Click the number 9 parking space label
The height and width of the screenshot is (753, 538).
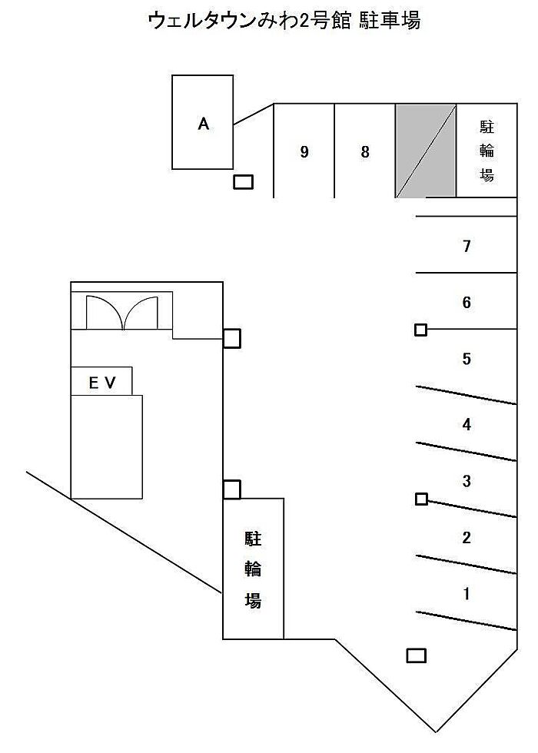(x=304, y=152)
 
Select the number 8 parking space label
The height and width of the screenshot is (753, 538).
(x=365, y=152)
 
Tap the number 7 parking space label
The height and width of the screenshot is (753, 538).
(x=467, y=247)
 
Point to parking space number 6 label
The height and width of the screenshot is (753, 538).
(x=467, y=303)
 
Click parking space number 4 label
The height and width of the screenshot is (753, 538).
(x=467, y=424)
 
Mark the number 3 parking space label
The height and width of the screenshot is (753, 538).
(x=467, y=482)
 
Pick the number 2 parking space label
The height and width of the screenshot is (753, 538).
(x=467, y=538)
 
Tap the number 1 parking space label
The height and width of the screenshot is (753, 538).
(x=467, y=594)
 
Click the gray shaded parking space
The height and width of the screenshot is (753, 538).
(x=426, y=151)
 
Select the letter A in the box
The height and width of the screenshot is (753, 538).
(x=203, y=124)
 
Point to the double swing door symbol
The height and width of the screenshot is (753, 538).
(x=121, y=313)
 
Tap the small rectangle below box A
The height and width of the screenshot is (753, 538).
(x=244, y=182)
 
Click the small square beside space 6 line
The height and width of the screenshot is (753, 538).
(x=420, y=330)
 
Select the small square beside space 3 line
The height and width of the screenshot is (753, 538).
(x=420, y=499)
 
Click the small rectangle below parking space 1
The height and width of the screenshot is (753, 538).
(x=416, y=655)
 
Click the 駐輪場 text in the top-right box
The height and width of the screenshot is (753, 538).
(x=487, y=151)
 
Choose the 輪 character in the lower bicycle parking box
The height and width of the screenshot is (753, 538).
(x=253, y=569)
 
